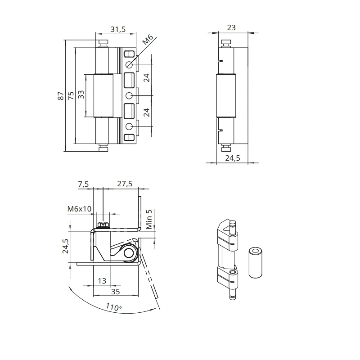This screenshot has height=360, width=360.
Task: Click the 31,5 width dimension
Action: click(x=118, y=29)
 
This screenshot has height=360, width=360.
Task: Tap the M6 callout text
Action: click(x=148, y=40)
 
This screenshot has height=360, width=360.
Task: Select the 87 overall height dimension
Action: click(x=60, y=95)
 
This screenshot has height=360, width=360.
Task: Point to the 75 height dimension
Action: click(x=71, y=95)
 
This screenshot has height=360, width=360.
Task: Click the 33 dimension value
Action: click(x=81, y=94)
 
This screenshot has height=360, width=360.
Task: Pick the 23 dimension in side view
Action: click(x=231, y=27)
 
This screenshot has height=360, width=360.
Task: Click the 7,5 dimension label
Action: click(x=83, y=184)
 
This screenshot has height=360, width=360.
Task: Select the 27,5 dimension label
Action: click(x=125, y=184)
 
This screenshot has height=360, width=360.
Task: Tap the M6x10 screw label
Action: click(x=79, y=209)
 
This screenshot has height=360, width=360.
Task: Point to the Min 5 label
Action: click(x=149, y=219)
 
